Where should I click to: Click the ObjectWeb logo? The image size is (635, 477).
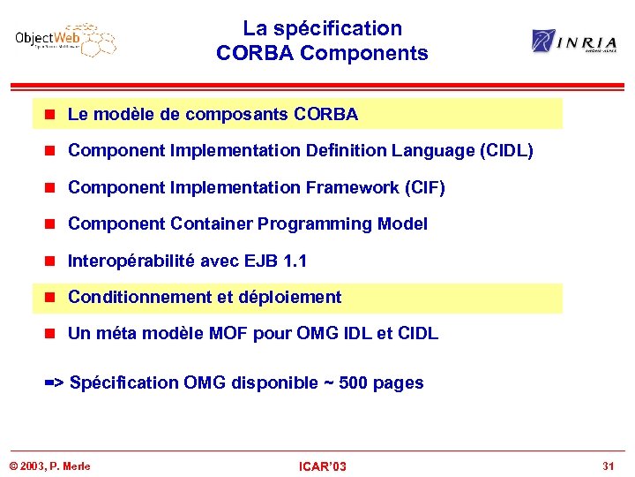(x=65, y=41)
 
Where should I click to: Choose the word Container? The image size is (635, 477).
(x=210, y=224)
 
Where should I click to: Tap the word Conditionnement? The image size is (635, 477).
(x=141, y=298)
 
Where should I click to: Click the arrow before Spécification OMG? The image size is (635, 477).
(x=54, y=383)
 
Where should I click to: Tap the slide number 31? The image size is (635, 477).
(x=608, y=466)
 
